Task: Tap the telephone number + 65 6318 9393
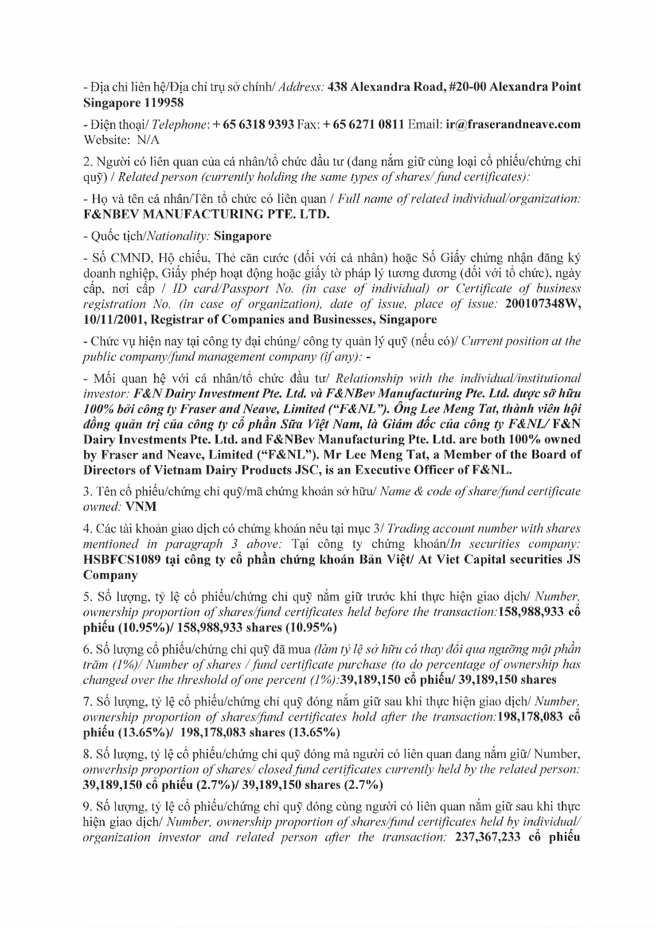pyautogui.click(x=253, y=124)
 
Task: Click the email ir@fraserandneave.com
pyautogui.click(x=513, y=124)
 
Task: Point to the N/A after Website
pyautogui.click(x=148, y=140)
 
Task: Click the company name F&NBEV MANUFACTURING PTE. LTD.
pyautogui.click(x=206, y=214)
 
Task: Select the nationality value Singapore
pyautogui.click(x=242, y=236)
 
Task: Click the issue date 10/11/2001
pyautogui.click(x=115, y=320)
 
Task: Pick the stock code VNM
pyautogui.click(x=141, y=507)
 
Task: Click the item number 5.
pyautogui.click(x=88, y=597)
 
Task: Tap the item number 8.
pyautogui.click(x=88, y=754)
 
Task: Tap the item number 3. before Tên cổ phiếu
pyautogui.click(x=88, y=492)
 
